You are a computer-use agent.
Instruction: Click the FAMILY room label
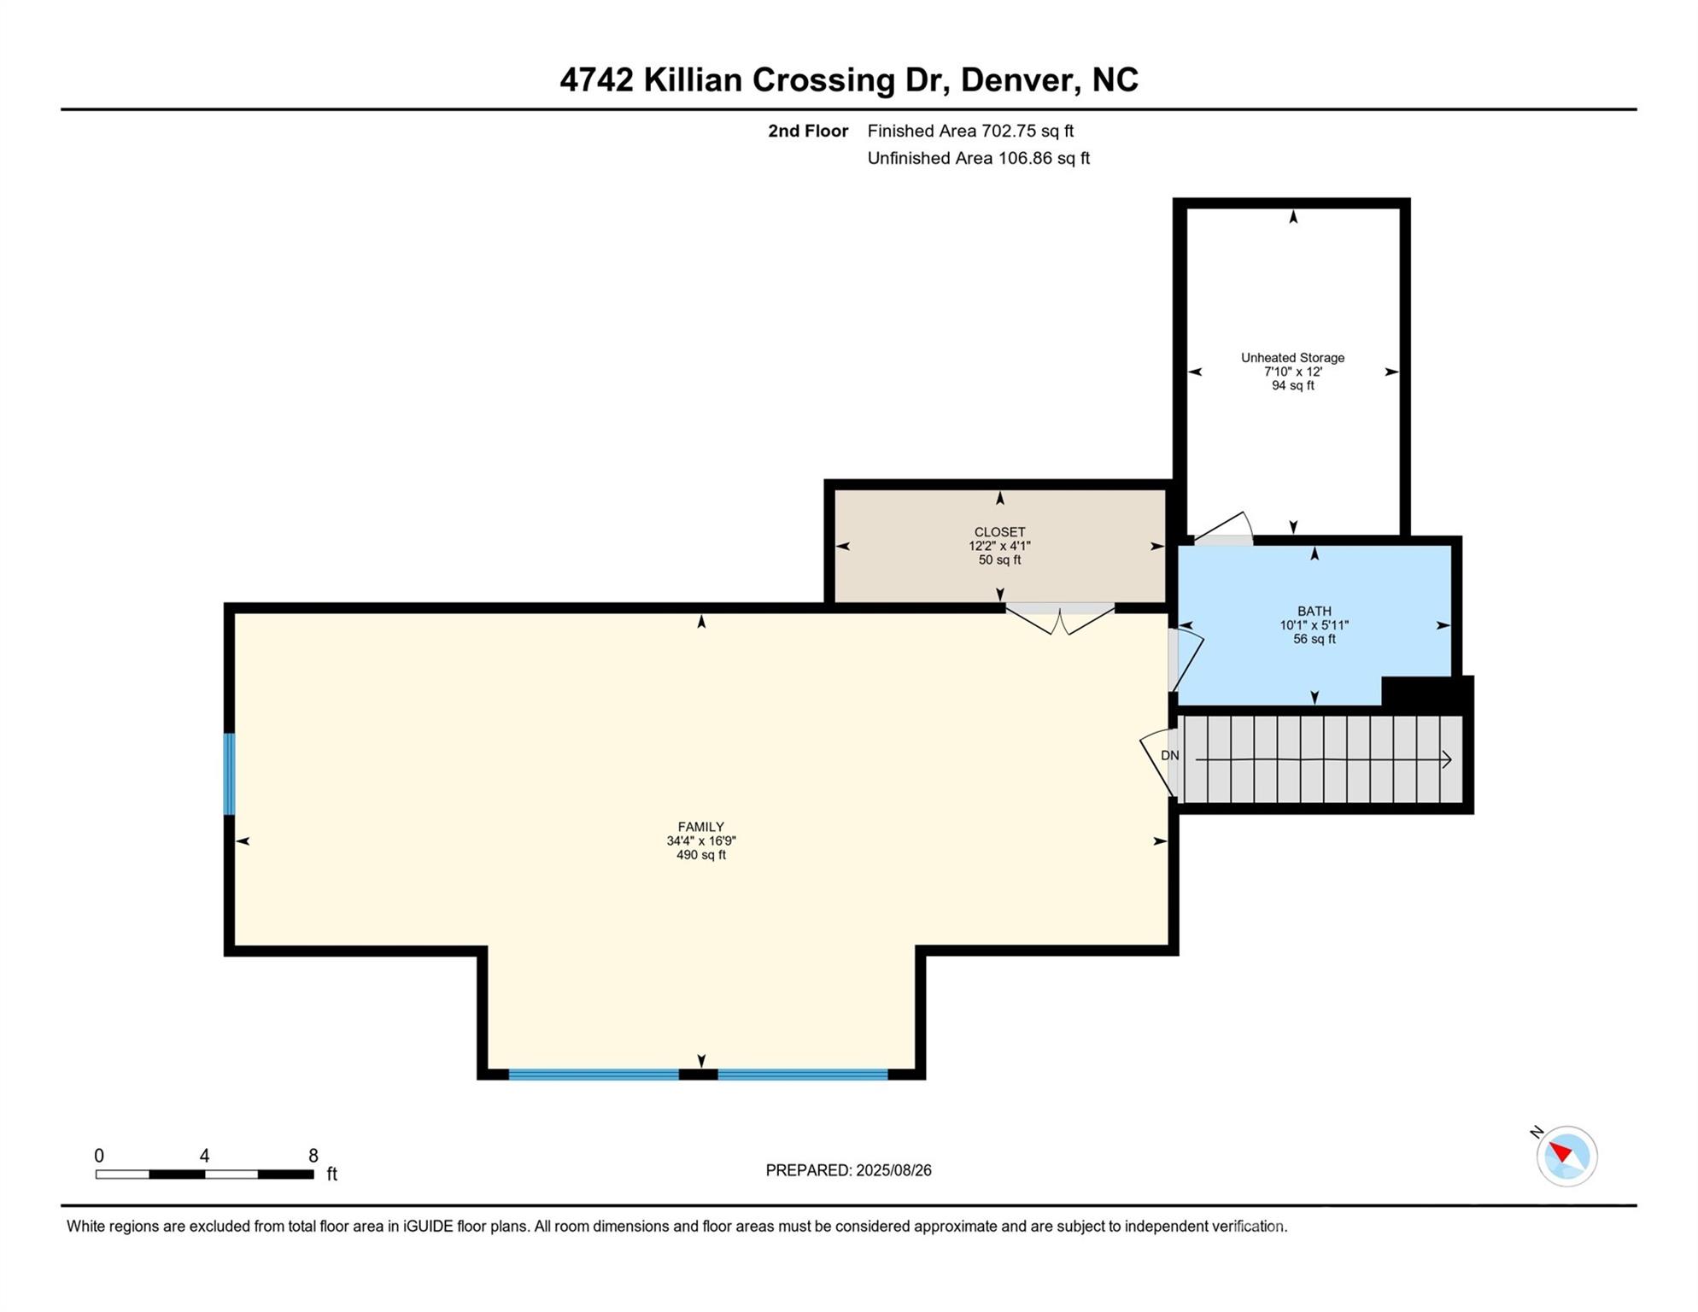coord(701,827)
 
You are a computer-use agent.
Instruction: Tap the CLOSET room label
coord(999,532)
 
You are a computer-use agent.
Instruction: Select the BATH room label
coord(1314,612)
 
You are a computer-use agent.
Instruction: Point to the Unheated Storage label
coord(1292,358)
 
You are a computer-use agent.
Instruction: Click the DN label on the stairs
coord(1169,755)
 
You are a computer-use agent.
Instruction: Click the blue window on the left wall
coord(229,774)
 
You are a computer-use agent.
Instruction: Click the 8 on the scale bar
coord(313,1156)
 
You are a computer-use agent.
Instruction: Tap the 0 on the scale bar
coord(99,1156)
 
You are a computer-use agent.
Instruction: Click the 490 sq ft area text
coord(701,855)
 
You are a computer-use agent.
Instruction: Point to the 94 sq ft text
coord(1292,385)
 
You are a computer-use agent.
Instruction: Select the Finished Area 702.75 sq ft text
coord(970,131)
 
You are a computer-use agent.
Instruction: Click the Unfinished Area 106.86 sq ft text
coord(978,158)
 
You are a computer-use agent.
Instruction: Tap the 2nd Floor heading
coord(807,131)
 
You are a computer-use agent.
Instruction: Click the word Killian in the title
coord(693,79)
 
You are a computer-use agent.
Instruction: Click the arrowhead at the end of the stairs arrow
coord(1447,759)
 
